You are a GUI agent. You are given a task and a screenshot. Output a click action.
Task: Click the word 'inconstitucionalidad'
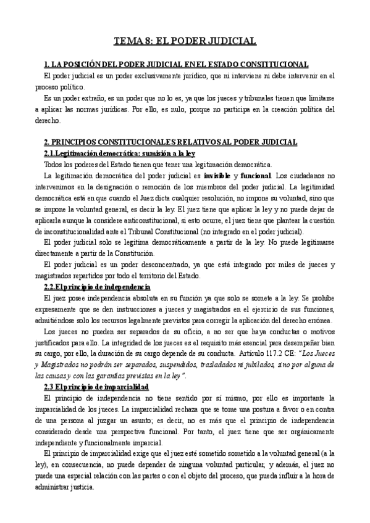click(x=74, y=231)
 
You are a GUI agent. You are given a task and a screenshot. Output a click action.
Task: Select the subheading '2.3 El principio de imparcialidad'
click(x=97, y=387)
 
